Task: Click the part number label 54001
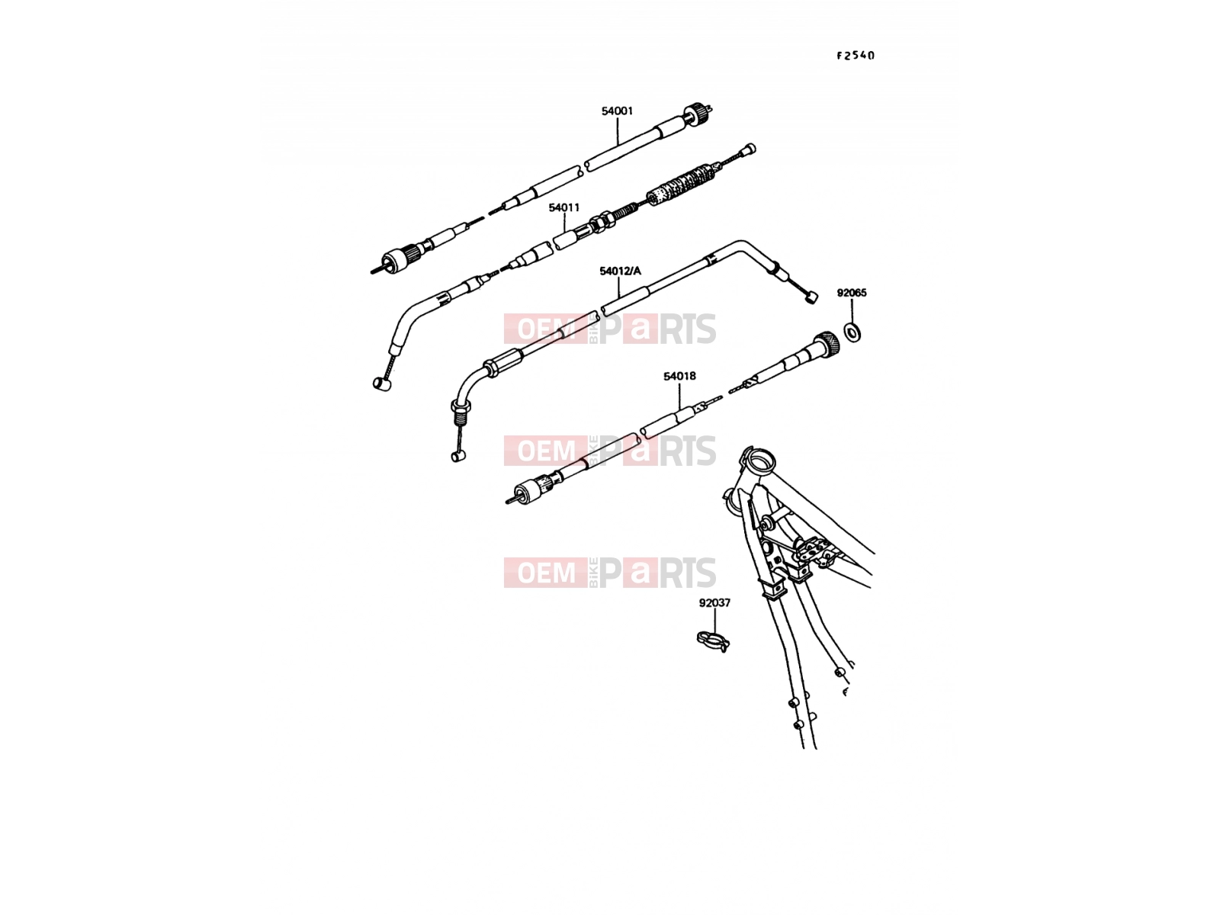coord(617,111)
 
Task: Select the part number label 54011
coord(563,207)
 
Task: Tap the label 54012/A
coord(620,271)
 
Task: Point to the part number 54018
coord(679,376)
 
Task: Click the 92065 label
coord(852,293)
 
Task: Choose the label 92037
coord(714,603)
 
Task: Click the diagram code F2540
coord(856,56)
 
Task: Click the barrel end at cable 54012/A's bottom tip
coord(458,456)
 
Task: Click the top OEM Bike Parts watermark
coord(610,329)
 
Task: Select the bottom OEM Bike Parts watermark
coord(610,572)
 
